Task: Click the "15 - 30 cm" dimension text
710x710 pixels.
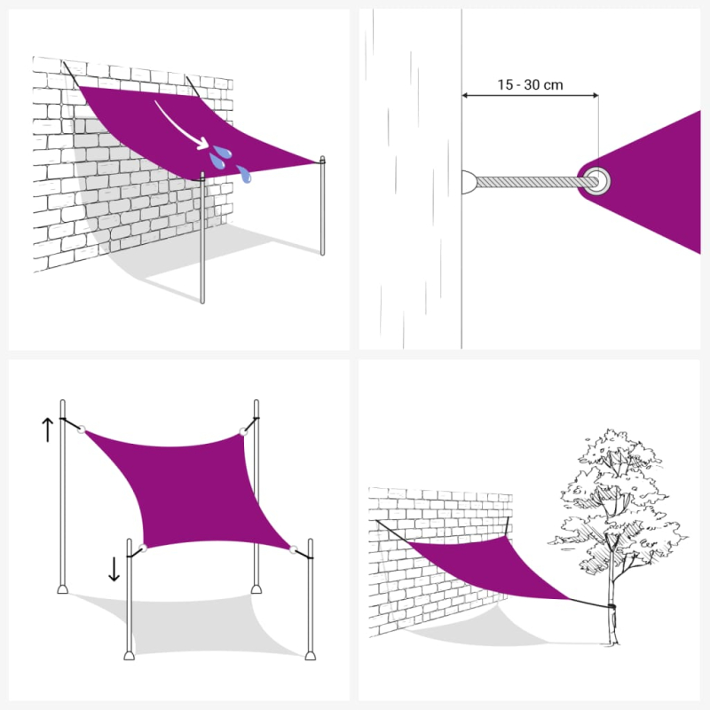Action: point(530,85)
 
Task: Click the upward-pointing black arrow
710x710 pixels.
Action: point(47,430)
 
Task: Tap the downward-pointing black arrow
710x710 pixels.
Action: point(114,567)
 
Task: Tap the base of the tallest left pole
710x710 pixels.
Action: point(61,588)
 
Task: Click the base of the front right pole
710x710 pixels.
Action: point(311,654)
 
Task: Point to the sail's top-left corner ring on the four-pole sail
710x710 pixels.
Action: point(83,430)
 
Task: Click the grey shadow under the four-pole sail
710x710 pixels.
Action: point(195,621)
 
